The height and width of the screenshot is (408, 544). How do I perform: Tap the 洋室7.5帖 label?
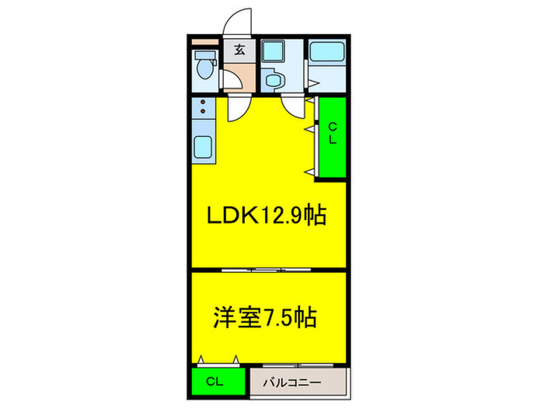tap(266, 318)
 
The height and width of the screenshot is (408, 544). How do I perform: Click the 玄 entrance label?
tap(239, 51)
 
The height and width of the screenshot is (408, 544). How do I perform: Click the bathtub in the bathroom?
tap(330, 53)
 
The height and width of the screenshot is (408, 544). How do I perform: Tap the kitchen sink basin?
tap(204, 145)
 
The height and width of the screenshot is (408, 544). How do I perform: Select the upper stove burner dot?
tap(203, 103)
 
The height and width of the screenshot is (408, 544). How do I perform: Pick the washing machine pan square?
tap(273, 51)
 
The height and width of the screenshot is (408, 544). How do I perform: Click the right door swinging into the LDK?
tap(294, 106)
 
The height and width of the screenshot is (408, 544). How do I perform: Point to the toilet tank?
tap(204, 55)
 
